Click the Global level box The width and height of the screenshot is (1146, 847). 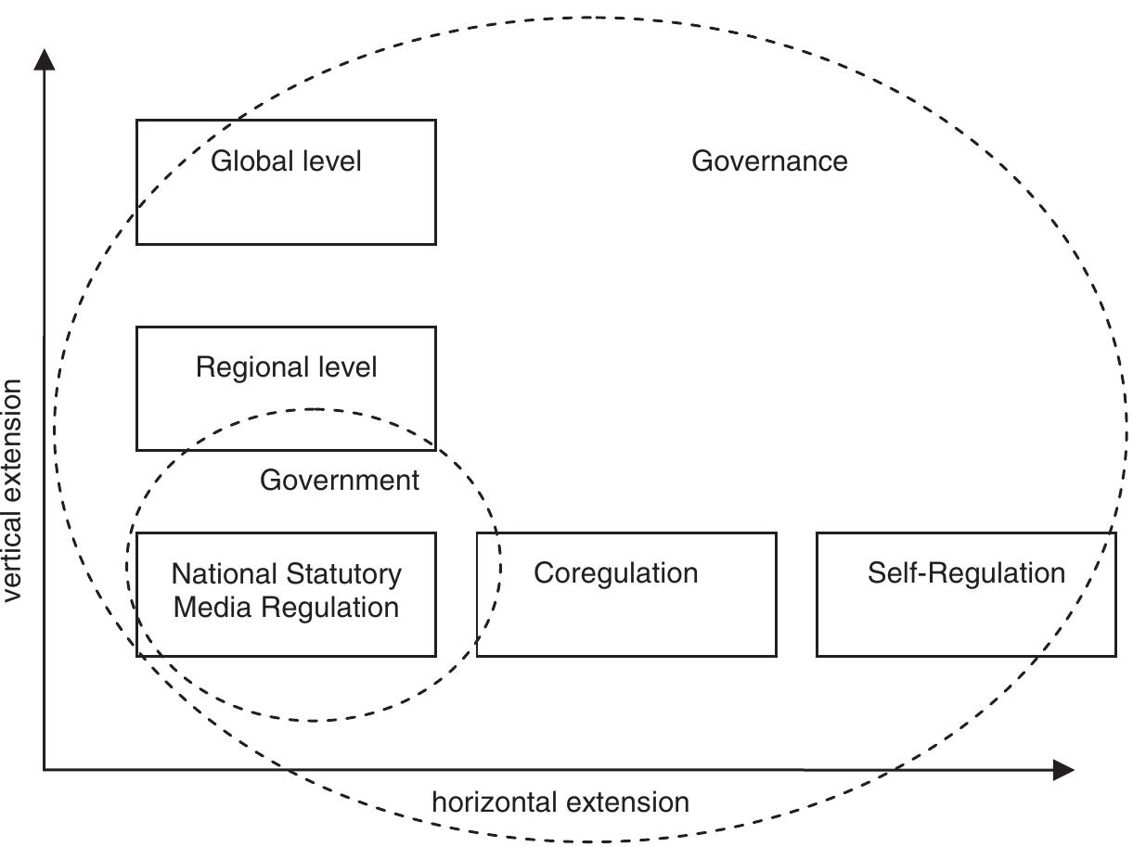pos(286,182)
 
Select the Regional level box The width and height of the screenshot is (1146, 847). pos(286,388)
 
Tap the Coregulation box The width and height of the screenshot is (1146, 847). pos(626,595)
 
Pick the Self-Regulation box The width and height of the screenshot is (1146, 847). pos(966,595)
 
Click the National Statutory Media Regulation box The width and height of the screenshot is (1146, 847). pos(286,595)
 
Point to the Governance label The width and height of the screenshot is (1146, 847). pos(769,161)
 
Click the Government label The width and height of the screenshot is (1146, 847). pos(340,481)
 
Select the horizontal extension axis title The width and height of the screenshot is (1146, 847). pos(560,802)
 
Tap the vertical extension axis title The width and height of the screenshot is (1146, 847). pos(12,490)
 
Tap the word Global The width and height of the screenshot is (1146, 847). pos(245,161)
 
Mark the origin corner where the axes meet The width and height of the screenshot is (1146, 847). pos(44,769)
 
